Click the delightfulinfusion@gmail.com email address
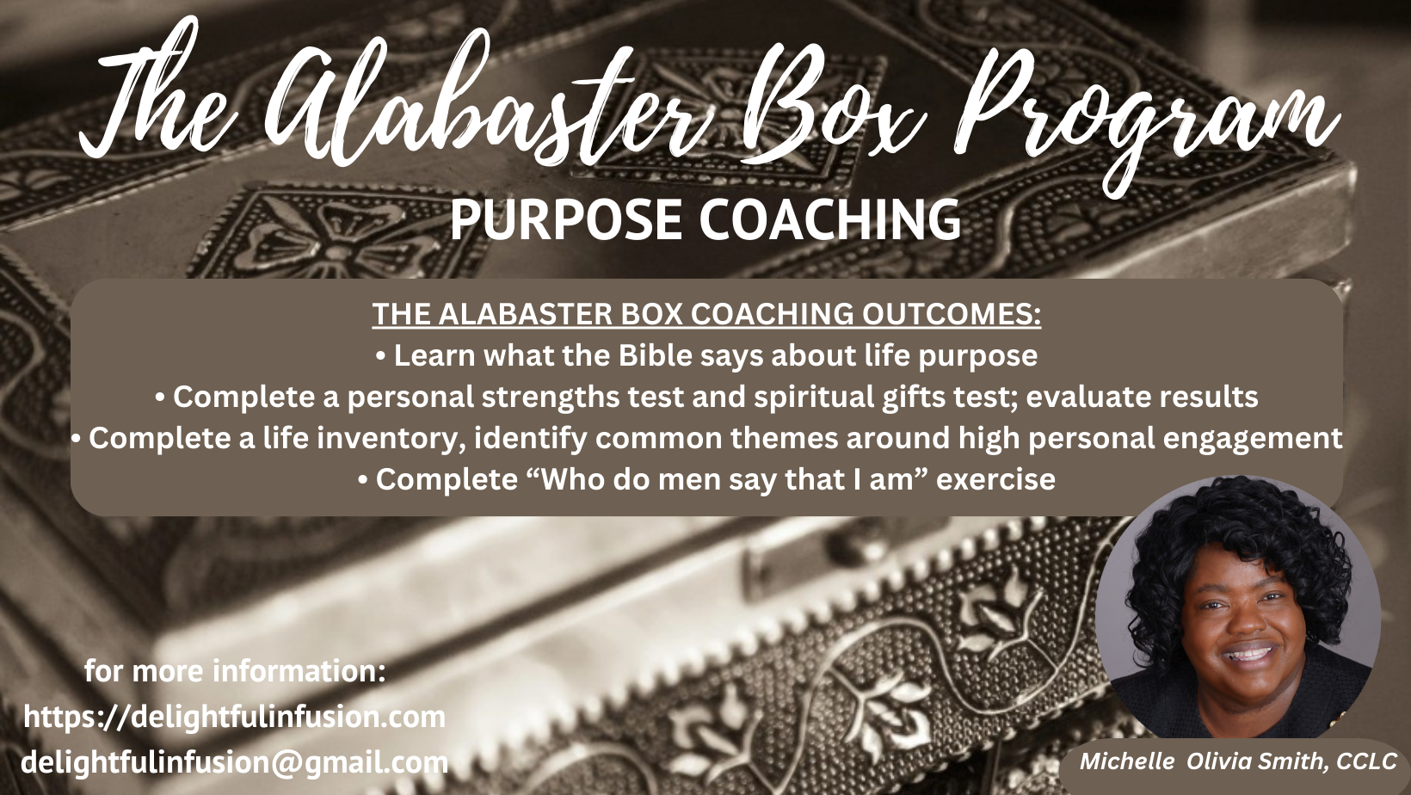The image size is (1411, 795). pyautogui.click(x=234, y=763)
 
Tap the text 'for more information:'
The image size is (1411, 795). pyautogui.click(x=235, y=671)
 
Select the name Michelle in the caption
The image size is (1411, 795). pyautogui.click(x=1128, y=761)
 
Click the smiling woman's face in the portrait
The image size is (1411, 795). pyautogui.click(x=1238, y=630)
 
